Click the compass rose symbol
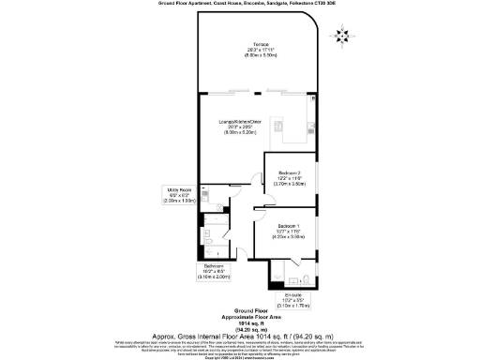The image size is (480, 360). (341, 37)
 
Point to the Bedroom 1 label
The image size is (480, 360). (289, 226)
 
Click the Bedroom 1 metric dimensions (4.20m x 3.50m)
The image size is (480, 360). (289, 237)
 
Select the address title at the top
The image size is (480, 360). (239, 5)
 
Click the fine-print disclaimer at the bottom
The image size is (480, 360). (239, 347)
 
